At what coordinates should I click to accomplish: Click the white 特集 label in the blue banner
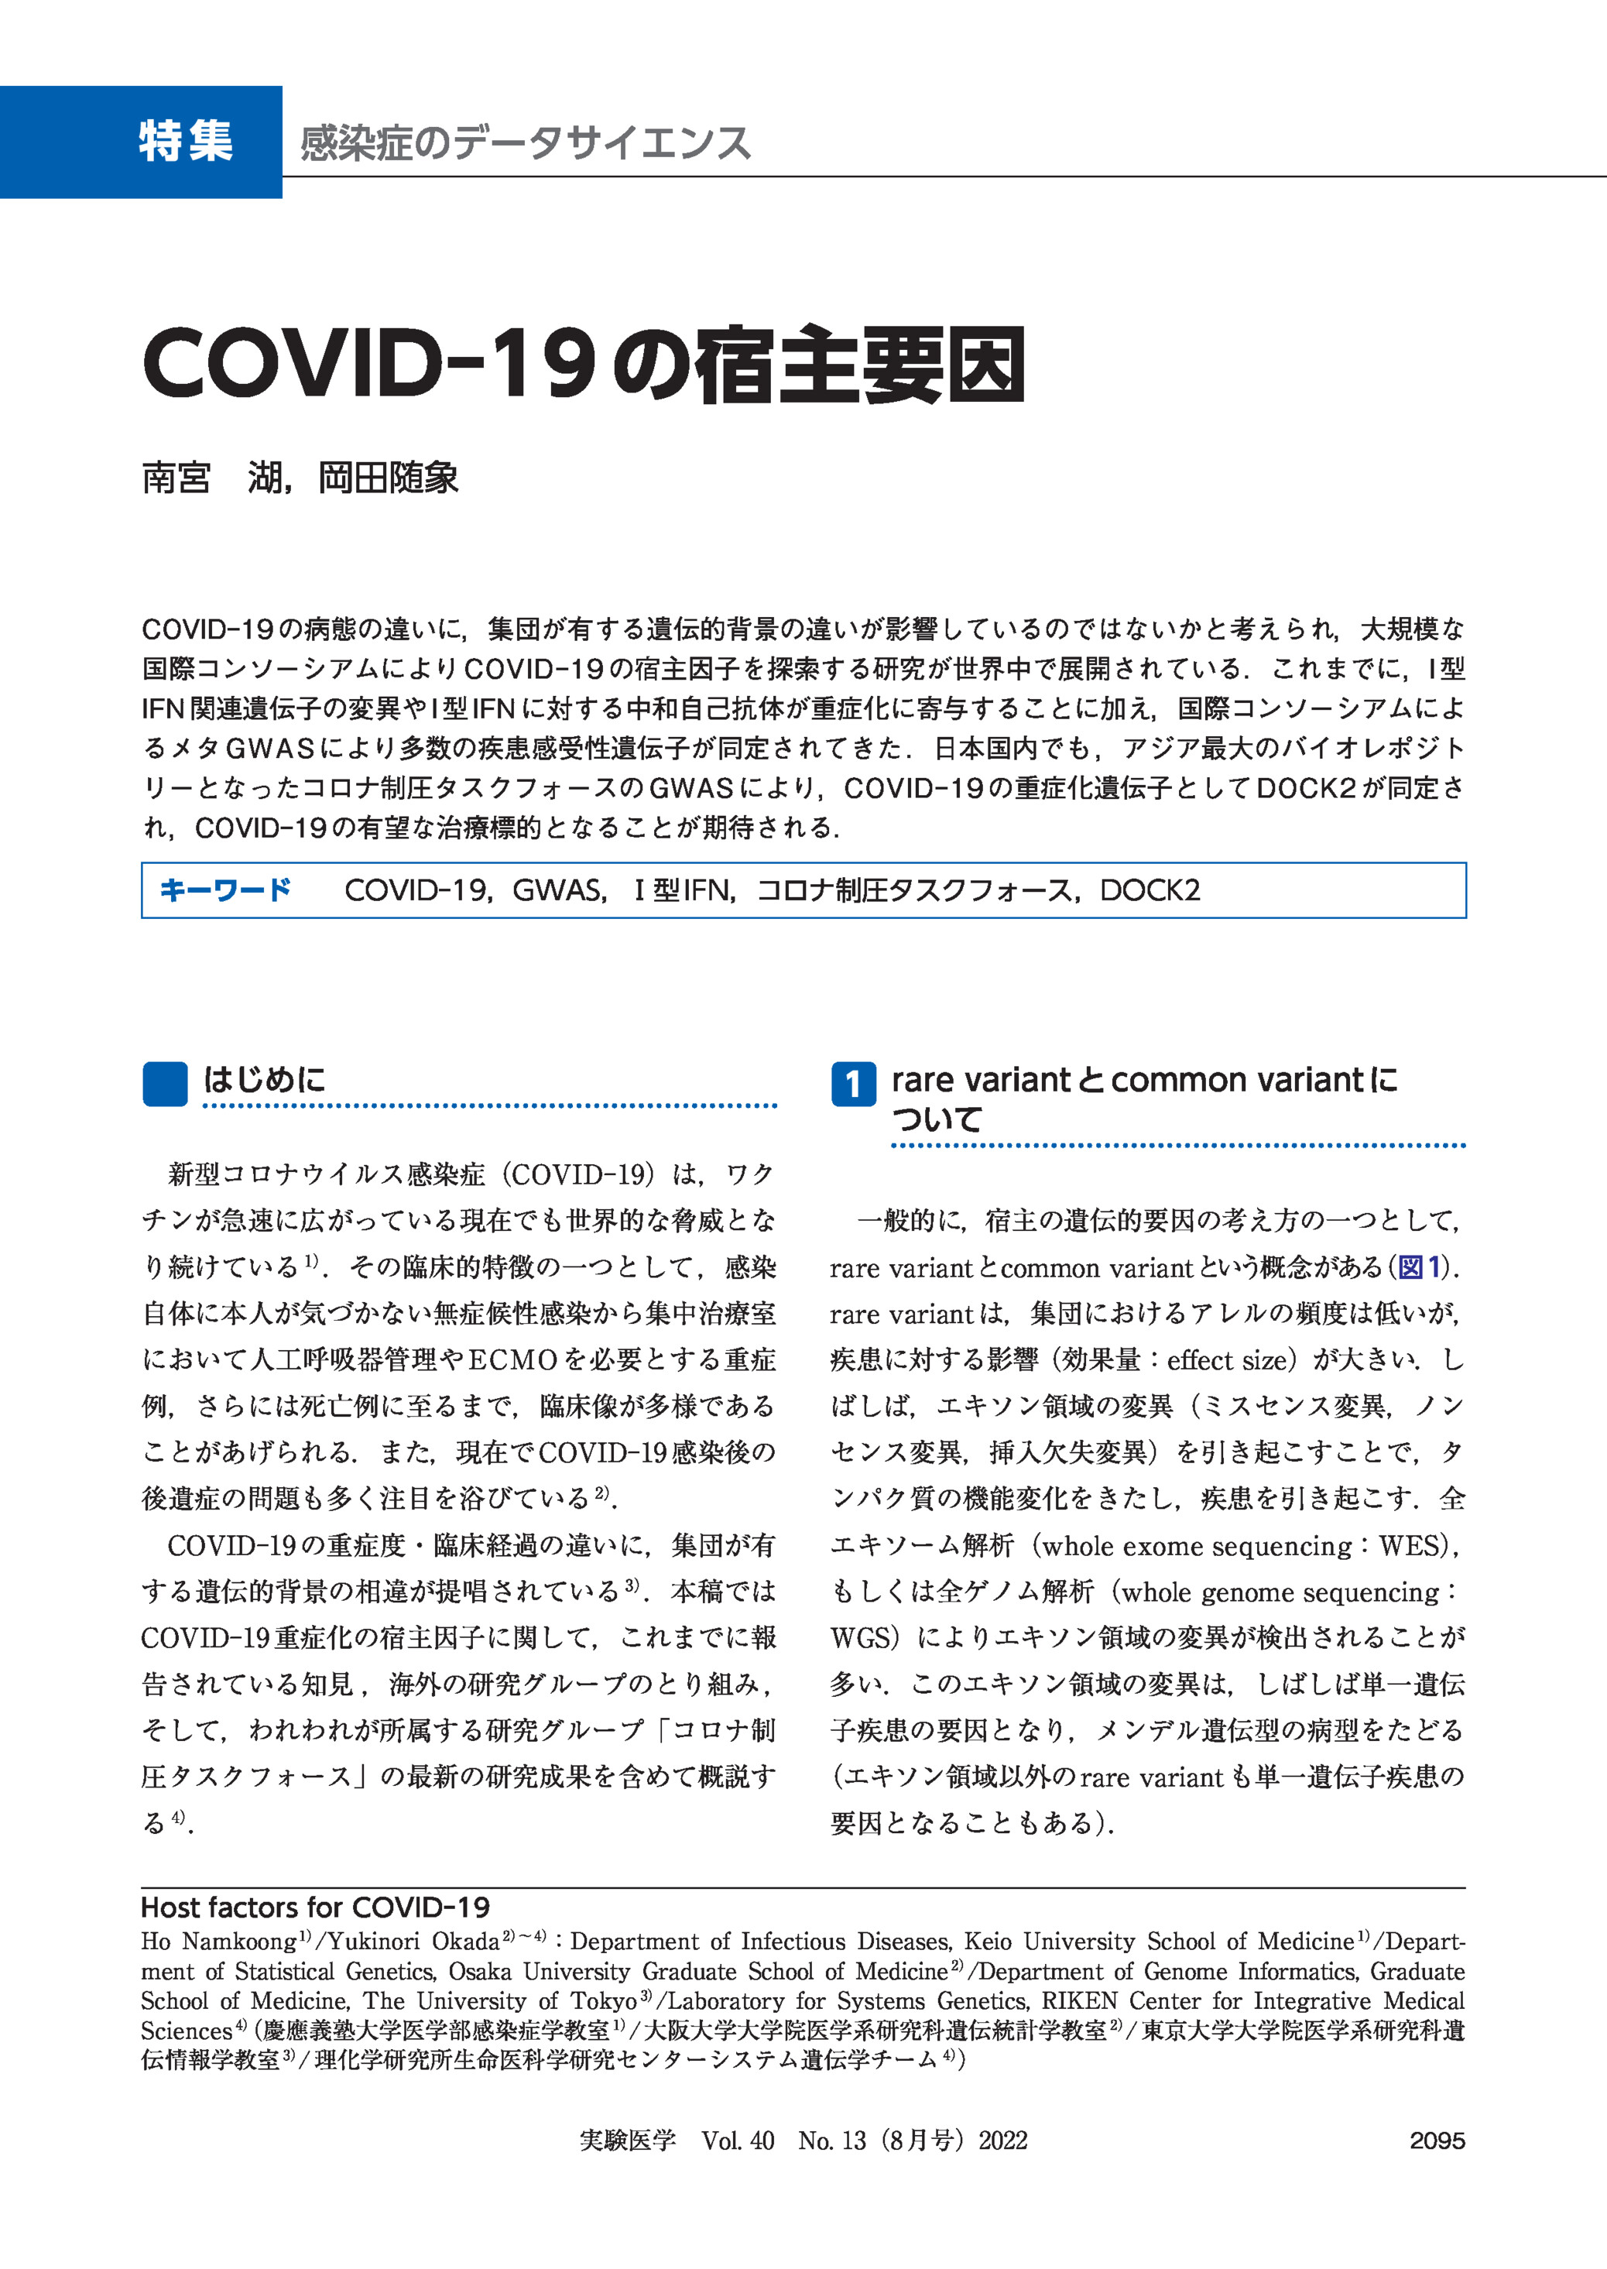pos(185,142)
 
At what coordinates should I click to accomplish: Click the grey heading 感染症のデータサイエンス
pos(525,143)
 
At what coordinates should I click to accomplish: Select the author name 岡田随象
pos(388,479)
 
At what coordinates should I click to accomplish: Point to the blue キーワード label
pos(225,889)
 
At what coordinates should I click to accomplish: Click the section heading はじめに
pos(264,1080)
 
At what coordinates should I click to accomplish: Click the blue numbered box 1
pos(853,1085)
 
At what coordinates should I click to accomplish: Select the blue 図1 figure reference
pos(1422,1267)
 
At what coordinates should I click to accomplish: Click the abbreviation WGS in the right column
pos(860,1637)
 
